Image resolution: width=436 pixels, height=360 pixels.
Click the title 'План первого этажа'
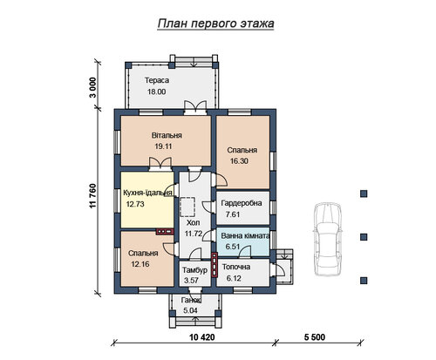click(215, 24)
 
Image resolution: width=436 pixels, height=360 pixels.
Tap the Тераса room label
click(157, 80)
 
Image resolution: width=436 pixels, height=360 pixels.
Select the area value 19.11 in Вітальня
click(163, 146)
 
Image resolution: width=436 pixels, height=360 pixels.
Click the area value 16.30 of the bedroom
click(239, 161)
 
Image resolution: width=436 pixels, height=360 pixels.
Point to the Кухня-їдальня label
click(147, 193)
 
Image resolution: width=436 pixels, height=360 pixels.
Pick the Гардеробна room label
click(242, 203)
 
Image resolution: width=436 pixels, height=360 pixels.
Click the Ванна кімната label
click(245, 235)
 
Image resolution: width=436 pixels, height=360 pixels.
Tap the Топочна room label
click(236, 267)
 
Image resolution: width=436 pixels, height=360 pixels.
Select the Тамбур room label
click(194, 270)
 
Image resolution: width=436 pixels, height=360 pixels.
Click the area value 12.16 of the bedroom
click(140, 264)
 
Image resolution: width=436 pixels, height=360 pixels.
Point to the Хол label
click(194, 223)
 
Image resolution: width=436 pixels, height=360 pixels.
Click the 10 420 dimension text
click(202, 337)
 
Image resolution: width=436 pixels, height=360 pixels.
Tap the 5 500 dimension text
click(315, 337)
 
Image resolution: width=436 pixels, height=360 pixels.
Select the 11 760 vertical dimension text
click(92, 196)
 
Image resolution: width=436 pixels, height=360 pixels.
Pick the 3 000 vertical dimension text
click(92, 88)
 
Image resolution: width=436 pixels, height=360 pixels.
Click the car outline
click(327, 239)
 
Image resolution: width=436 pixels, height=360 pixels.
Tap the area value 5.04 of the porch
click(190, 310)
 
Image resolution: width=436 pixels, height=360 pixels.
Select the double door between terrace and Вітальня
click(195, 108)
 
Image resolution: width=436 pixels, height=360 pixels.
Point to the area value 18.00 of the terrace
click(156, 92)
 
